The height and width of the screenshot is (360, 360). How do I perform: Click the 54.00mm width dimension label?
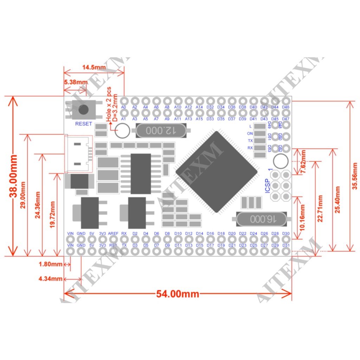click(178, 294)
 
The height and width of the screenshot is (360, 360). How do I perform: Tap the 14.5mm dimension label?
click(94, 67)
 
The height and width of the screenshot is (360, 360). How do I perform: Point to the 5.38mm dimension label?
click(75, 82)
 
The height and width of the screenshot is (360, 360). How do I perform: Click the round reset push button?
click(83, 109)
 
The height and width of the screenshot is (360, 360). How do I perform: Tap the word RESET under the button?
click(83, 124)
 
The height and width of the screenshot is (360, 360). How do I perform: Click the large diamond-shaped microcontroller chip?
click(217, 172)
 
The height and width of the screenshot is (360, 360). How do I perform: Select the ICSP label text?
click(268, 186)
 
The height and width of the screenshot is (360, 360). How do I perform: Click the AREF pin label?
click(113, 233)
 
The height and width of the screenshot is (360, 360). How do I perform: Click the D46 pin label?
click(286, 107)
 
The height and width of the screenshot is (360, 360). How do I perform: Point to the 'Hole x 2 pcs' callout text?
click(109, 104)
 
